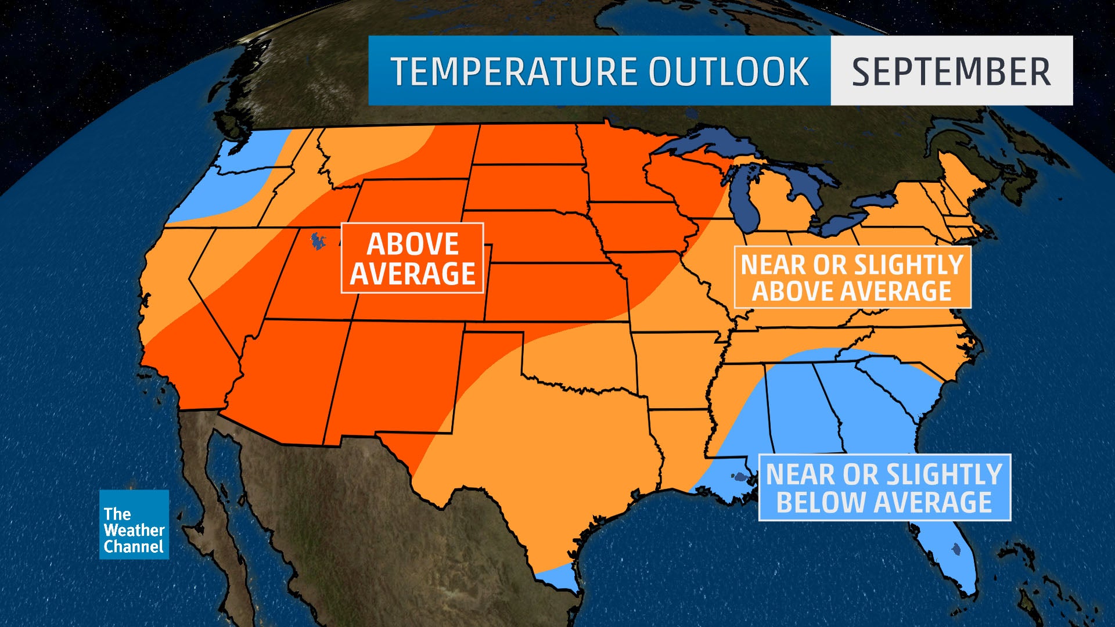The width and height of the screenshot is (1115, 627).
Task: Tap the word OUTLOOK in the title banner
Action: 728,71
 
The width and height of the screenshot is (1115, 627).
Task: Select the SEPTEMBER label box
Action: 951,71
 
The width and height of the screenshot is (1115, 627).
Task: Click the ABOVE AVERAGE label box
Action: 412,258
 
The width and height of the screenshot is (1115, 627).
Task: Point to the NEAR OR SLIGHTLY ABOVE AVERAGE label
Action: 852,278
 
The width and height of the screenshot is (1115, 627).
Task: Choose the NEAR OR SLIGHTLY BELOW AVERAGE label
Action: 884,488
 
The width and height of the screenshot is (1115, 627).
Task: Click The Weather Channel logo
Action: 134,525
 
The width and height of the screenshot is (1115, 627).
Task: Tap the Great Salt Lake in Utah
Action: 318,241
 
